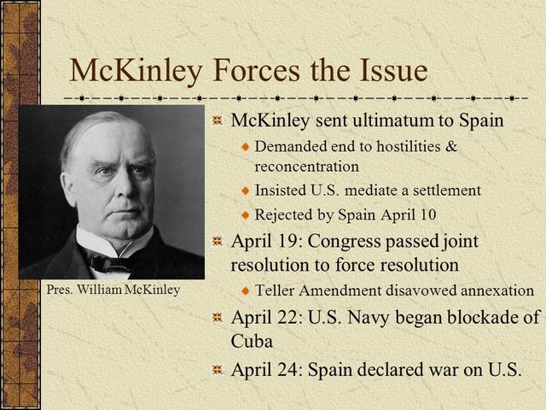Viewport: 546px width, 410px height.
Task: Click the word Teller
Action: (x=273, y=290)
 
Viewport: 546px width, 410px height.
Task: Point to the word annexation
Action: (x=496, y=290)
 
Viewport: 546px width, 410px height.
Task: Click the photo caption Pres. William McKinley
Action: (x=113, y=290)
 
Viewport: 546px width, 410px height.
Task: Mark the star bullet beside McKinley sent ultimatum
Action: (x=218, y=121)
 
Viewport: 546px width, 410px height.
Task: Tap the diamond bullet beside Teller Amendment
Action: (x=244, y=291)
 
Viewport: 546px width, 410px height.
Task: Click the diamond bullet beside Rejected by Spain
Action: (x=244, y=214)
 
